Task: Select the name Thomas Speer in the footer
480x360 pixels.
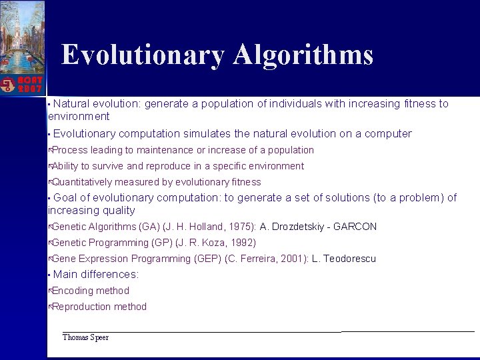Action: click(x=85, y=337)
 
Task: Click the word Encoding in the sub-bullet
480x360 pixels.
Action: click(x=73, y=291)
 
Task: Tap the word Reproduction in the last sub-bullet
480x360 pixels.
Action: click(x=83, y=307)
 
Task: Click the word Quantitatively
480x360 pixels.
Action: click(x=82, y=182)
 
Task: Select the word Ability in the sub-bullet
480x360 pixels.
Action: click(x=65, y=166)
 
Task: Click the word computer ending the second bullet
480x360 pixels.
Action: click(x=388, y=133)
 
